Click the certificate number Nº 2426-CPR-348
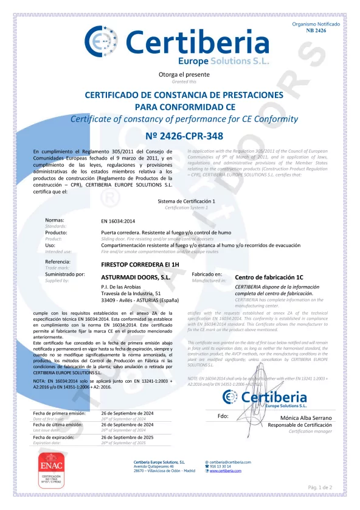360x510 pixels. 180,135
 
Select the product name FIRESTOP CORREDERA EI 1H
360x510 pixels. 136,265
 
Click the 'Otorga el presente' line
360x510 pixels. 180,74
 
